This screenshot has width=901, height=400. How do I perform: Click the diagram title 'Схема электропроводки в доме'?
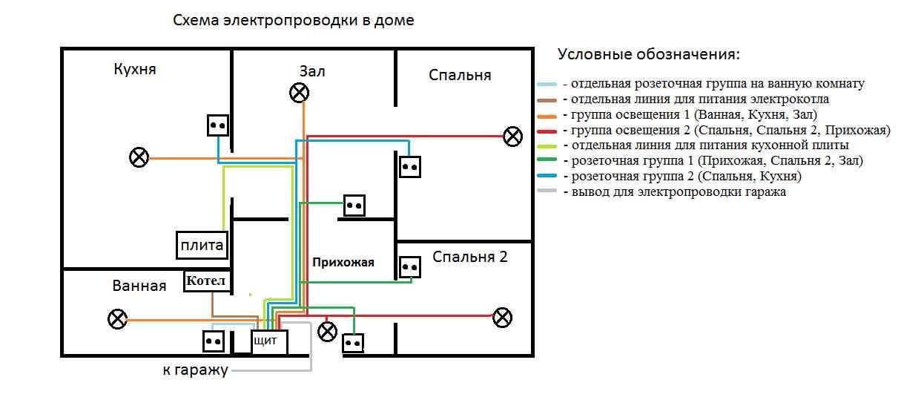pyautogui.click(x=293, y=21)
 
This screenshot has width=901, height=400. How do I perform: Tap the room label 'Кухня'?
pyautogui.click(x=135, y=69)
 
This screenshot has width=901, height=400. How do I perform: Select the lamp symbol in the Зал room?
pyautogui.click(x=299, y=92)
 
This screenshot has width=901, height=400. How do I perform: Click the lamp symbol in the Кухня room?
pyautogui.click(x=139, y=157)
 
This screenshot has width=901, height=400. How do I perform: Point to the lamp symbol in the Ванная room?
pyautogui.click(x=117, y=319)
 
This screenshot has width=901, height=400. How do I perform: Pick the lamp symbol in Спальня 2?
pyautogui.click(x=503, y=318)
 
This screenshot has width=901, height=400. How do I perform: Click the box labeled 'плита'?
pyautogui.click(x=202, y=245)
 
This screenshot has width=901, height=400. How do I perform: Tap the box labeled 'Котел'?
pyautogui.click(x=208, y=281)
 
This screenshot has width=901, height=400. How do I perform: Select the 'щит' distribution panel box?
pyautogui.click(x=268, y=342)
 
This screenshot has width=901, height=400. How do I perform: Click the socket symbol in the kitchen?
pyautogui.click(x=217, y=125)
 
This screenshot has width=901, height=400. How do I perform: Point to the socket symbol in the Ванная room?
pyautogui.click(x=214, y=341)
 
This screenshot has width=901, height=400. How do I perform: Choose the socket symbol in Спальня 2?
pyautogui.click(x=410, y=267)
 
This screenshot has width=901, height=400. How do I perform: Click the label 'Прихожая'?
pyautogui.click(x=343, y=262)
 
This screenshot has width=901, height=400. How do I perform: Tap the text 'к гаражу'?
pyautogui.click(x=195, y=370)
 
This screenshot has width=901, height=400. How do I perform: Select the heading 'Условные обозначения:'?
pyautogui.click(x=649, y=55)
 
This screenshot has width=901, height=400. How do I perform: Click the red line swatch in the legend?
pyautogui.click(x=547, y=131)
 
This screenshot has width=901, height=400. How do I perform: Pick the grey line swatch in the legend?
pyautogui.click(x=547, y=191)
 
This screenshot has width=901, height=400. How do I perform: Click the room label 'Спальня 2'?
pyautogui.click(x=470, y=258)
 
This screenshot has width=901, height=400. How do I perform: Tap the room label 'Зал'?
pyautogui.click(x=312, y=71)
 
